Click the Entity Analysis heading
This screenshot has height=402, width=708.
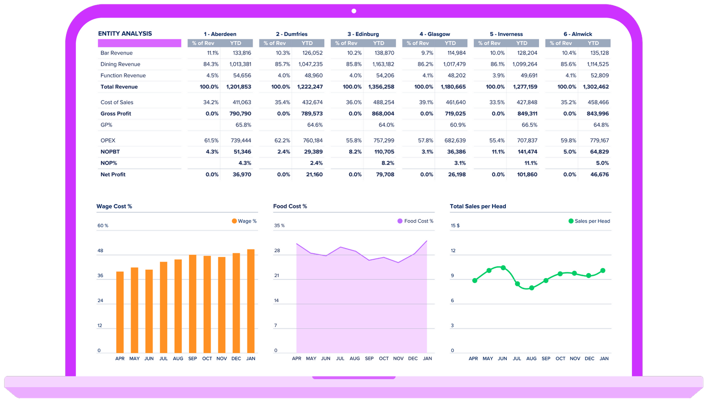[125, 34]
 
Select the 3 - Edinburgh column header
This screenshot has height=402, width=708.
[363, 34]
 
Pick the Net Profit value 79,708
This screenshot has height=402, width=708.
[385, 174]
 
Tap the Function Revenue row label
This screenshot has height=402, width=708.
[123, 76]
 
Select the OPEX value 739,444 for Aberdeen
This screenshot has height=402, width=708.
[241, 140]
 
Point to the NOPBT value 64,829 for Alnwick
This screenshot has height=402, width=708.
[600, 152]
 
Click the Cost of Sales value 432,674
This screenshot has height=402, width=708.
[312, 102]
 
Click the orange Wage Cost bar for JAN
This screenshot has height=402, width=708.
[251, 301]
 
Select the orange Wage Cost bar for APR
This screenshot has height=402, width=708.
[120, 312]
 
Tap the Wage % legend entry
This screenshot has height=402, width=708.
[244, 221]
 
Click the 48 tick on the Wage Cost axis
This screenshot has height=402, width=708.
[100, 251]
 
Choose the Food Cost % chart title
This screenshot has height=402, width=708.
[290, 206]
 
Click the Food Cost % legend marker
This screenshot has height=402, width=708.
[400, 221]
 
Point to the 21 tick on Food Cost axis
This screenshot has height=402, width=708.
[277, 275]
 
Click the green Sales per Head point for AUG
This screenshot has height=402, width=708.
[531, 288]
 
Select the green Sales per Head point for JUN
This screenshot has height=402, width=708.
[503, 268]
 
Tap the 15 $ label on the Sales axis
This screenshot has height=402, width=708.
[455, 226]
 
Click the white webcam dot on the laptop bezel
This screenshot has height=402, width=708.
[354, 11]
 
